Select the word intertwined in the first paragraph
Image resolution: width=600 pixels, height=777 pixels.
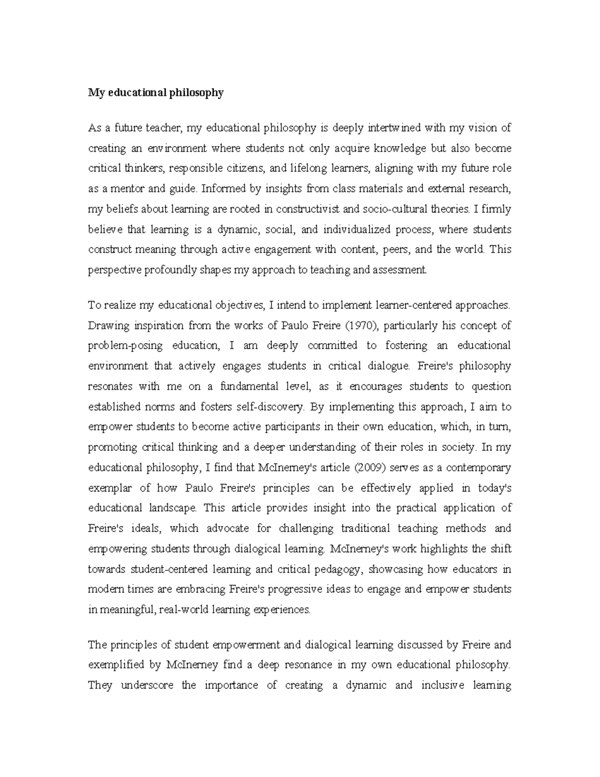coord(394,128)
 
